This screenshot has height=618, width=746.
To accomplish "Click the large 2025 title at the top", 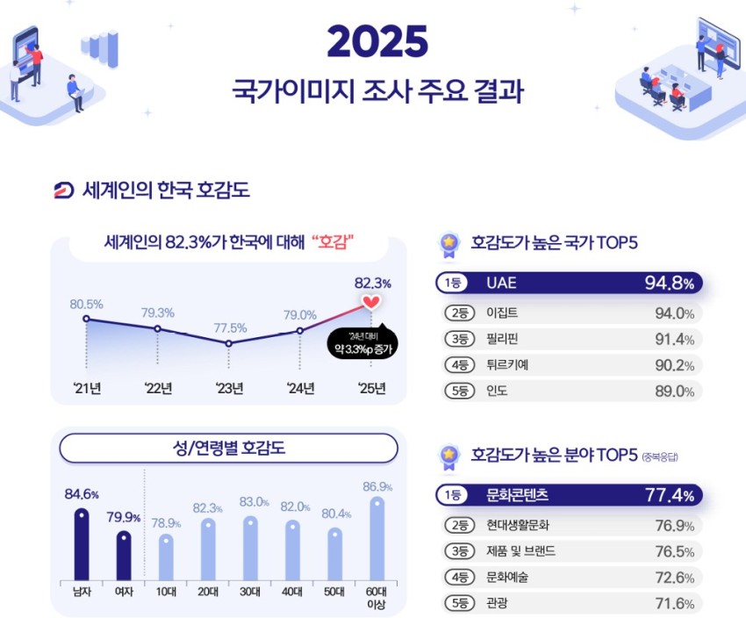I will [377, 42].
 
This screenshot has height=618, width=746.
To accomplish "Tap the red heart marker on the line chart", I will [371, 302].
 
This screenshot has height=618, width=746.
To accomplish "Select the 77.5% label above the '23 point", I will [230, 327].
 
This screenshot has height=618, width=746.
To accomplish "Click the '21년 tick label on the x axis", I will [86, 389].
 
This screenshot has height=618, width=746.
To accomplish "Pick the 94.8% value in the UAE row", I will [670, 284].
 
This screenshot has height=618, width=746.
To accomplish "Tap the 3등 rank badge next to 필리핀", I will [458, 339].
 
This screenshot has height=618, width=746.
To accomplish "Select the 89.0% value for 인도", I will [674, 392].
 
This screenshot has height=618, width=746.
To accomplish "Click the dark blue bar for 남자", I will [82, 544].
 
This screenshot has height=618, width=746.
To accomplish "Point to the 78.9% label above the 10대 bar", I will [166, 523].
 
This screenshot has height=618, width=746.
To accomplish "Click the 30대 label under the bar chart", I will [249, 592].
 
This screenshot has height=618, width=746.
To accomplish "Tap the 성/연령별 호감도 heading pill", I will [228, 449].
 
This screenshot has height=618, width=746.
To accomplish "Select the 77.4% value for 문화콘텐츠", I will [670, 496].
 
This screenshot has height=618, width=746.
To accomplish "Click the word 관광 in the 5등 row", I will [497, 603].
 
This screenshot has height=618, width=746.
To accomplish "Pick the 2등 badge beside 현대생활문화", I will [458, 526].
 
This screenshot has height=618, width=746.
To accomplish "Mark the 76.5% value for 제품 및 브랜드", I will [674, 552].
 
